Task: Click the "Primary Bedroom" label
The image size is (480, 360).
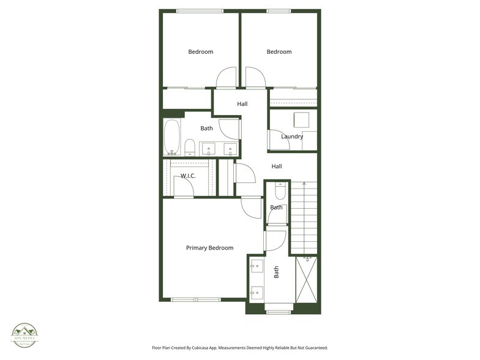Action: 209,248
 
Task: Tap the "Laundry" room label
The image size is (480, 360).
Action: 292,137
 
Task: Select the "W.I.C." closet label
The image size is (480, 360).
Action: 187,176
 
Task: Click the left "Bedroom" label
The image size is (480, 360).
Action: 200,52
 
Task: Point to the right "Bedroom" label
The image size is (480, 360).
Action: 279,52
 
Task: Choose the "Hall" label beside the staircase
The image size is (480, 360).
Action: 277,167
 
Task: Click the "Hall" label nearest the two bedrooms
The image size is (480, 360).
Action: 242,104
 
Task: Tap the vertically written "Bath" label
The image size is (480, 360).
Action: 276,272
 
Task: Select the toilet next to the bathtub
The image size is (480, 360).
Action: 190,146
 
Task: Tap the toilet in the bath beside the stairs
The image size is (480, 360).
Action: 280,192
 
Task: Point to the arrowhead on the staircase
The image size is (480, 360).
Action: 304,183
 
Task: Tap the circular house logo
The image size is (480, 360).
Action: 25,335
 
